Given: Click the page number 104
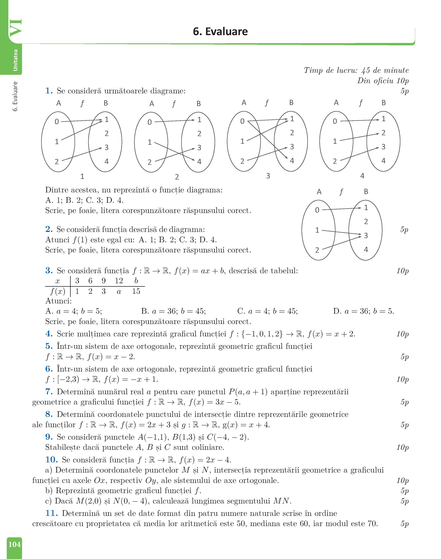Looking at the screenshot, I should [x=14, y=544].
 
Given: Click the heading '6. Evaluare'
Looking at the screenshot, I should [x=220, y=31].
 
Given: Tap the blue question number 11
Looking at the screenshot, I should [x=51, y=513].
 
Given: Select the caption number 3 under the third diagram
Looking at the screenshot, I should [x=268, y=176].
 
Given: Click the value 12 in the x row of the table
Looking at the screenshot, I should [x=119, y=281].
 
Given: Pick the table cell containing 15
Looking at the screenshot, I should [x=136, y=291].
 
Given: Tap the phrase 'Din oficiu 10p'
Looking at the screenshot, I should [x=383, y=81].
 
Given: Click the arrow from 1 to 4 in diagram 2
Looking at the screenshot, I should [x=174, y=152].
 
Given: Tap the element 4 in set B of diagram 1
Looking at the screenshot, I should [x=106, y=161].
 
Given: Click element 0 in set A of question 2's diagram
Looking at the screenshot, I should [x=317, y=210].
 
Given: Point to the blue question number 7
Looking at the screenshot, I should [x=49, y=392].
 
